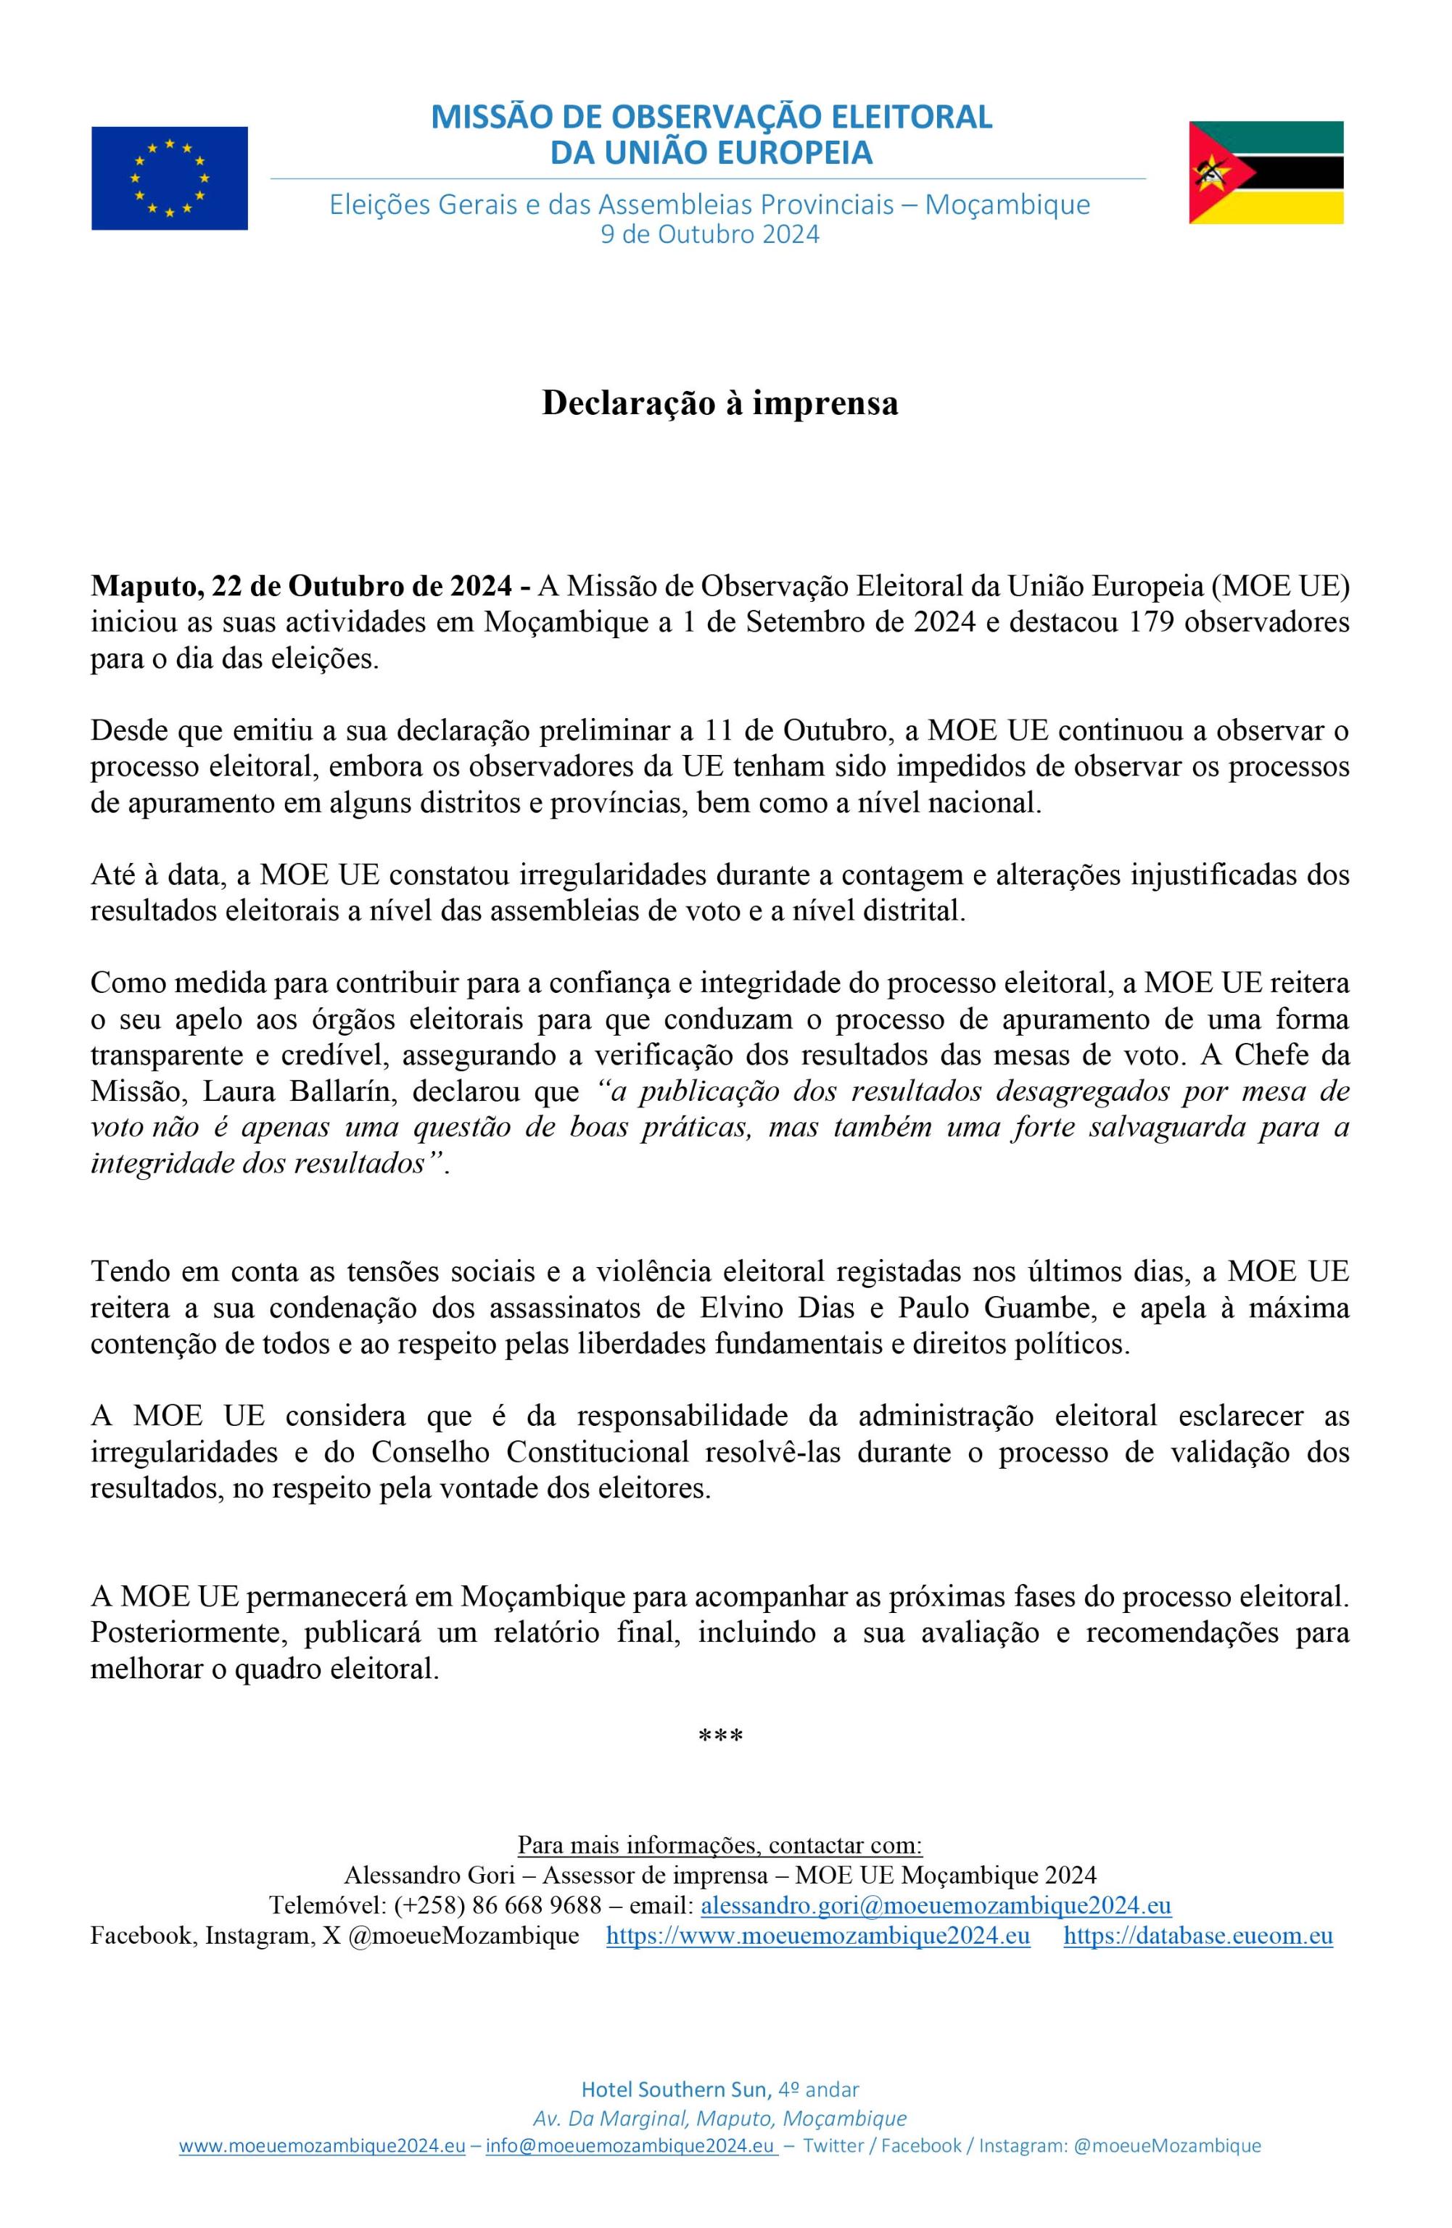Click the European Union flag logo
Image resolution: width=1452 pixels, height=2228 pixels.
point(170,178)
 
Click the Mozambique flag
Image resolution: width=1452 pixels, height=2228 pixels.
point(1266,172)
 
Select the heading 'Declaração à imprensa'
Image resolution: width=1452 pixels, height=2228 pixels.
point(720,403)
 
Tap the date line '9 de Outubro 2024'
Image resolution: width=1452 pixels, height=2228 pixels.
point(709,234)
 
